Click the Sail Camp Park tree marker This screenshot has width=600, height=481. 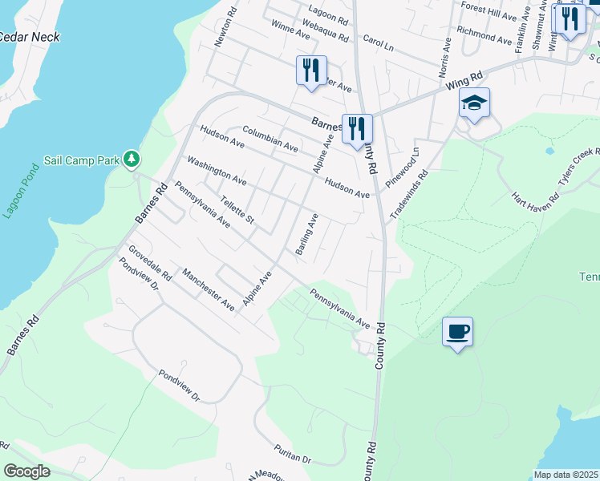132,160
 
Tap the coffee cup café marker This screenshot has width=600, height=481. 457,331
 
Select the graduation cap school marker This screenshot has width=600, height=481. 474,103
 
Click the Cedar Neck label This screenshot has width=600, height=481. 29,37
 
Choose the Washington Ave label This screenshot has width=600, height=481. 217,171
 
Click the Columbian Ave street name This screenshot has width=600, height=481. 270,139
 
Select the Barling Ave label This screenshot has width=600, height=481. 306,235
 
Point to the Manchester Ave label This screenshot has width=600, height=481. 208,289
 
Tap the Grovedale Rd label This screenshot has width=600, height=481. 150,262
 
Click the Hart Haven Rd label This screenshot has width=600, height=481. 535,196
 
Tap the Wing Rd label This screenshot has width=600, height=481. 466,79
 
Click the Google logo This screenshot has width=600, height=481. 26,471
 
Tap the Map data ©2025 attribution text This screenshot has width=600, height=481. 565,475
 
